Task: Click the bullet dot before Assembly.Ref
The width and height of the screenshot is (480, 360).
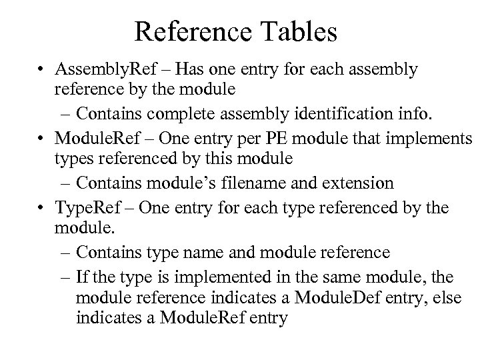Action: pyautogui.click(x=41, y=70)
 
